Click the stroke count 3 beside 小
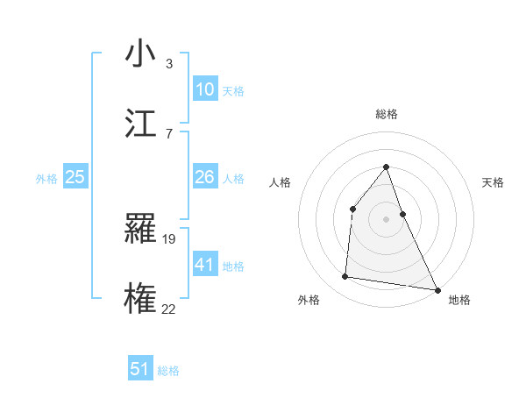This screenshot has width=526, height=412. point(169,64)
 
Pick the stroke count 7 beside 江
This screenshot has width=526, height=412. point(169,133)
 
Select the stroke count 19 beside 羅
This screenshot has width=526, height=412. point(170,238)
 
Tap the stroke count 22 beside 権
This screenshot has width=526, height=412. point(169,309)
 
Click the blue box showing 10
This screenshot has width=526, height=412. point(205,89)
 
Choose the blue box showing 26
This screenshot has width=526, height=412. point(205,177)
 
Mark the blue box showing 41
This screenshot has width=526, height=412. point(205,264)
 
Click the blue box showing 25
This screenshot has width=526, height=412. point(75,177)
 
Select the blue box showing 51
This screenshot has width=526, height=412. point(140,369)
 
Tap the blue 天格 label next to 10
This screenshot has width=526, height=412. point(233,91)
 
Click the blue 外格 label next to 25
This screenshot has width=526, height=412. point(46,179)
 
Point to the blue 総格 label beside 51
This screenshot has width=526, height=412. point(168,371)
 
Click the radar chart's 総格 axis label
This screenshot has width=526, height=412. point(386,114)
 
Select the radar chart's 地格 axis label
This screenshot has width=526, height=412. point(459,300)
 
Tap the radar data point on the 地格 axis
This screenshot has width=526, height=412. point(437,289)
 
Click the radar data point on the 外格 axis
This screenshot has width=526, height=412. point(345,277)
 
